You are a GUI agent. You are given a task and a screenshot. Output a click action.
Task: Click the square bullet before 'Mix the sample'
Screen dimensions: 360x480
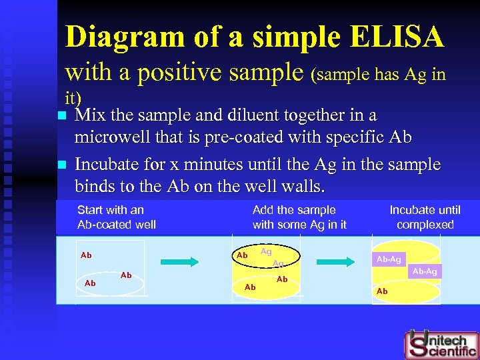(63, 116)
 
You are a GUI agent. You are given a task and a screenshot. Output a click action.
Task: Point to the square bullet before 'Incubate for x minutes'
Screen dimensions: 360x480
(63, 165)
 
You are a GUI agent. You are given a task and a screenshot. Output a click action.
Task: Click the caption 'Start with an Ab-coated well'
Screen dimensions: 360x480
(116, 217)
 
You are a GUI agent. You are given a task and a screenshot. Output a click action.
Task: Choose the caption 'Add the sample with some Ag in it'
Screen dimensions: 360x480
(299, 217)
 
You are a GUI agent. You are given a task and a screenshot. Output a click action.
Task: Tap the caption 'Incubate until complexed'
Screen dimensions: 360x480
(425, 217)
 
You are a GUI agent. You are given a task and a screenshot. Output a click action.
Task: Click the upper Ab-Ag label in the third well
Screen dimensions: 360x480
(389, 259)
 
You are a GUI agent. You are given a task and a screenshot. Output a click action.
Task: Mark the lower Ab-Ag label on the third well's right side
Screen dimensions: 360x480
(425, 271)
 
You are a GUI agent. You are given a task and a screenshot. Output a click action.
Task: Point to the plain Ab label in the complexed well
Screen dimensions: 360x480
(382, 291)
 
